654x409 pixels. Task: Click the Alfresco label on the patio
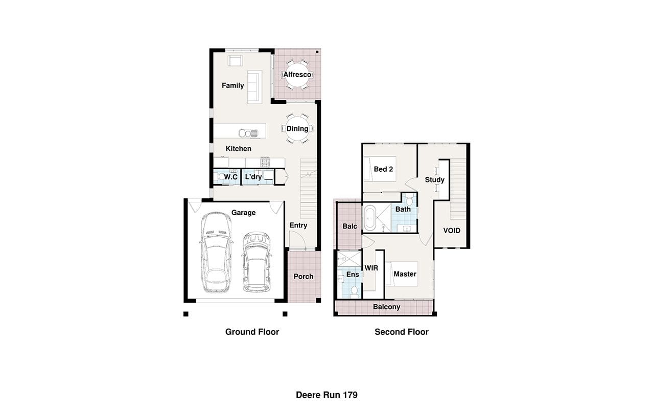[297, 75]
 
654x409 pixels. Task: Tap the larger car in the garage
[216, 253]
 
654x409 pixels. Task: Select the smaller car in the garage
[256, 262]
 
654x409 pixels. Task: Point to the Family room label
[232, 85]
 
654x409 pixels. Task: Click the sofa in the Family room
[254, 87]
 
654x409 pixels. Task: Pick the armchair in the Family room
[235, 61]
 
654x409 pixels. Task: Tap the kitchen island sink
[248, 133]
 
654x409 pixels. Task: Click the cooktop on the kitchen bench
[265, 162]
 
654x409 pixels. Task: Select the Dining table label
[297, 129]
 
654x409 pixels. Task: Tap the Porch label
[303, 277]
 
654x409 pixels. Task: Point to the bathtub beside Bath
[370, 218]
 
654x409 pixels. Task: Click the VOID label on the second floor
[452, 231]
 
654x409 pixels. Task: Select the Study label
[434, 179]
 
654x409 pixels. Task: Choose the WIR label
[371, 268]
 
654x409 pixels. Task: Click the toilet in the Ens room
[354, 292]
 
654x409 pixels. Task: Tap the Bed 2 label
[383, 169]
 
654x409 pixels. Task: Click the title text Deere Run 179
[326, 395]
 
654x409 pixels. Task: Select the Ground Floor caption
[252, 332]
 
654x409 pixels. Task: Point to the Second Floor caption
[402, 332]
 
